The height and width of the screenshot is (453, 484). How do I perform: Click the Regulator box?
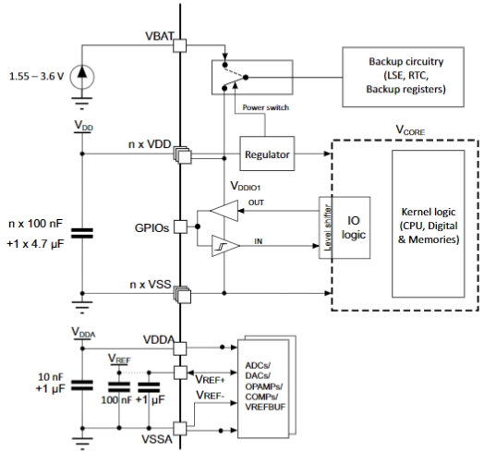pyautogui.click(x=267, y=153)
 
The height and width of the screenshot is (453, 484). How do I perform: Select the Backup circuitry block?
pyautogui.click(x=403, y=77)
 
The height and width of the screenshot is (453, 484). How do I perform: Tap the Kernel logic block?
pyautogui.click(x=429, y=224)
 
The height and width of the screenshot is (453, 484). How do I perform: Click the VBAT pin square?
pyautogui.click(x=179, y=45)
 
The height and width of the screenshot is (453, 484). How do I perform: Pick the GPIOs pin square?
pyautogui.click(x=180, y=226)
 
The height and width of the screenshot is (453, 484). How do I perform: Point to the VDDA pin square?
pyautogui.click(x=179, y=349)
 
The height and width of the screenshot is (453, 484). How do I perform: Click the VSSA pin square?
pyautogui.click(x=179, y=429)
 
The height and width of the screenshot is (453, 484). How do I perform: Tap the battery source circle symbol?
pyautogui.click(x=82, y=77)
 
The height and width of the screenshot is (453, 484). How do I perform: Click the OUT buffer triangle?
pyautogui.click(x=224, y=211)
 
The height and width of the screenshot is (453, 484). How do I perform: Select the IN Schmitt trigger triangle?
pyautogui.click(x=225, y=246)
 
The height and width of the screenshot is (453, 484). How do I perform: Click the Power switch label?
pyautogui.click(x=266, y=107)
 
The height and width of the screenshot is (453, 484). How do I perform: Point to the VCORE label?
pyautogui.click(x=410, y=130)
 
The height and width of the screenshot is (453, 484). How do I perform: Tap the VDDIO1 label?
pyautogui.click(x=246, y=186)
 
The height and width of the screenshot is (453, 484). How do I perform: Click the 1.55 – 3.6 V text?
pyautogui.click(x=36, y=76)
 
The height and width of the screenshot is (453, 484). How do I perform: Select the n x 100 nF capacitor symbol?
pyautogui.click(x=82, y=233)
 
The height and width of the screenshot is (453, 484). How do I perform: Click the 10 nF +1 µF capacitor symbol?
pyautogui.click(x=82, y=386)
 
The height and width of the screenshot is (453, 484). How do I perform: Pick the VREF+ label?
pyautogui.click(x=210, y=379)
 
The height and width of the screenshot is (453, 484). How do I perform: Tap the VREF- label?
pyautogui.click(x=210, y=395)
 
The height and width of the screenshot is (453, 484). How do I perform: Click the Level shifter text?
pyautogui.click(x=328, y=227)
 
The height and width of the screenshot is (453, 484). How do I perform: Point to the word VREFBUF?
pyautogui.click(x=265, y=407)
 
